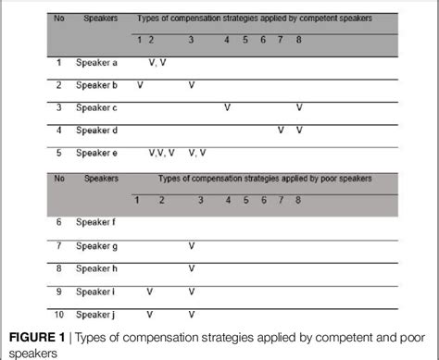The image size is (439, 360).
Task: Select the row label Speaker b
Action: [97, 84]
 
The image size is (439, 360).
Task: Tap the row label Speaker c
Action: [97, 107]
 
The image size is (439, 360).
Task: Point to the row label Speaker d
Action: [97, 130]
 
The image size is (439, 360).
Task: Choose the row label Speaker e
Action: [97, 153]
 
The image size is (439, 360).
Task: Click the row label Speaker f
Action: [96, 223]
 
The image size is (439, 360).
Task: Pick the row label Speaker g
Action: [97, 245]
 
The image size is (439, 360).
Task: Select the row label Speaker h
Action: [97, 268]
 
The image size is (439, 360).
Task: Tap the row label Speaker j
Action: [96, 314]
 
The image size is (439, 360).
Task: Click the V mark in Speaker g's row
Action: [192, 245]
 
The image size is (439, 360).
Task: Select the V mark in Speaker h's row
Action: [192, 268]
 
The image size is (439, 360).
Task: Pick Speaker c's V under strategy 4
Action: [227, 107]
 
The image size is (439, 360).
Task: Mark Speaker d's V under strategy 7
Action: [281, 130]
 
